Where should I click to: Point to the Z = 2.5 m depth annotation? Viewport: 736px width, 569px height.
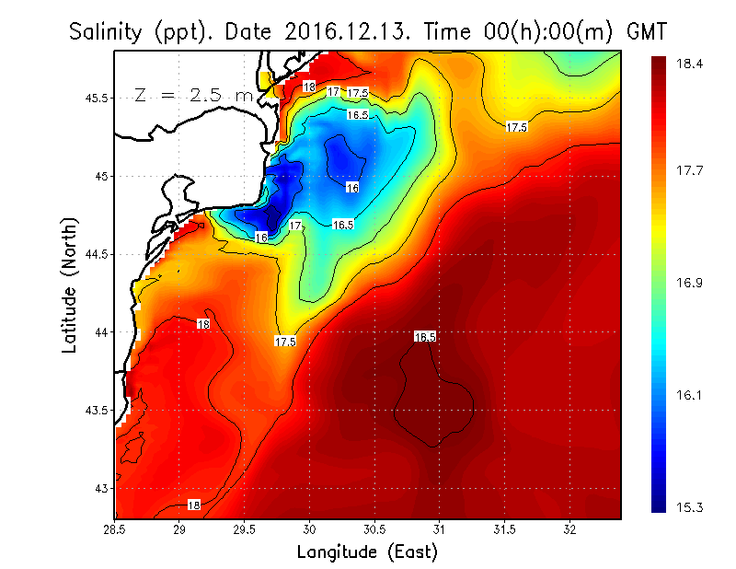[195, 95]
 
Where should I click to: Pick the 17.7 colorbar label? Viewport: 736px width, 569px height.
[691, 170]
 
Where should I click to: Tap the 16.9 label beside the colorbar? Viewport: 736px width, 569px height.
[691, 283]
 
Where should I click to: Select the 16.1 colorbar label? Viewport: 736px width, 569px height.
[691, 395]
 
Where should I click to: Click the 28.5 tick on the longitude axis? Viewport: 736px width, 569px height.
[115, 529]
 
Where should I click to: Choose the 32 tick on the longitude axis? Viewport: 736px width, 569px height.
[569, 529]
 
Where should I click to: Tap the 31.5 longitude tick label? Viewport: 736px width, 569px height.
[504, 529]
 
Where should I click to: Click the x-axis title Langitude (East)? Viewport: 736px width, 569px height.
[367, 552]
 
